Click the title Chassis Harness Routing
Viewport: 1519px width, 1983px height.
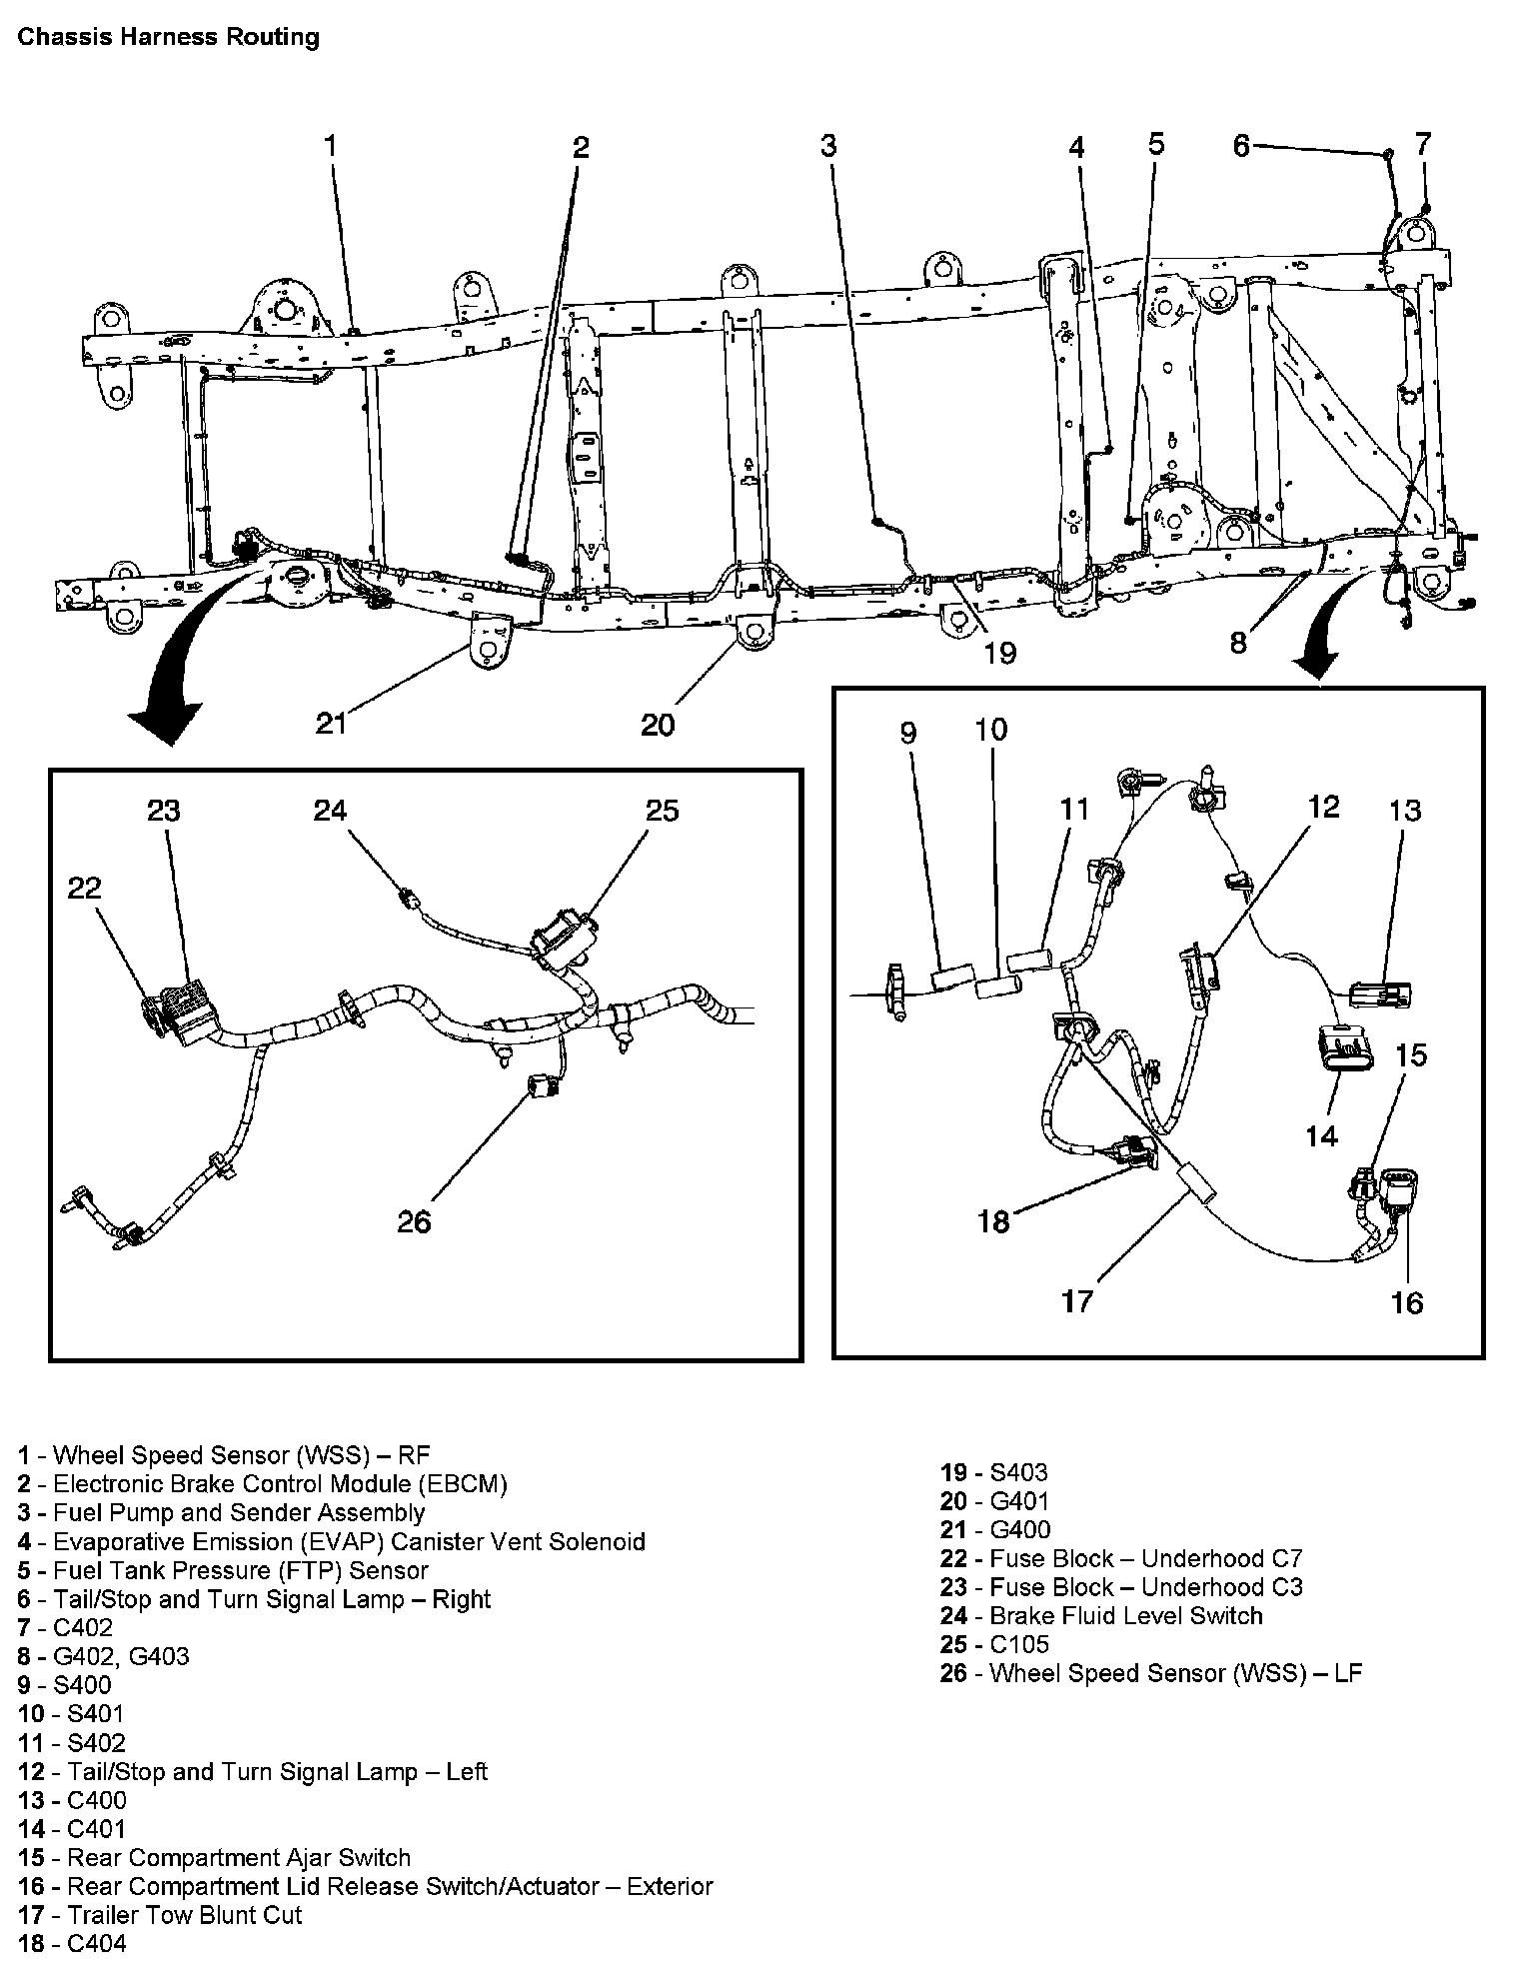coord(169,38)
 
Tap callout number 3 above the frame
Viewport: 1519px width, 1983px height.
coord(828,146)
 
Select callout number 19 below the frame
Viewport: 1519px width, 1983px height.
coord(999,653)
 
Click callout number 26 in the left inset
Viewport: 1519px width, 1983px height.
coord(414,1221)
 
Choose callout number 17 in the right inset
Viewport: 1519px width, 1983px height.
coord(1077,1300)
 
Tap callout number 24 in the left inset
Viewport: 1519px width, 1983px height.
coord(330,810)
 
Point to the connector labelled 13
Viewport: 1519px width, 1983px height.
coord(1380,994)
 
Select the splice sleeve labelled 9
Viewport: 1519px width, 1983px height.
coord(950,977)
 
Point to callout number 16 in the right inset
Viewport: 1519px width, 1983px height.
coord(1406,1302)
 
